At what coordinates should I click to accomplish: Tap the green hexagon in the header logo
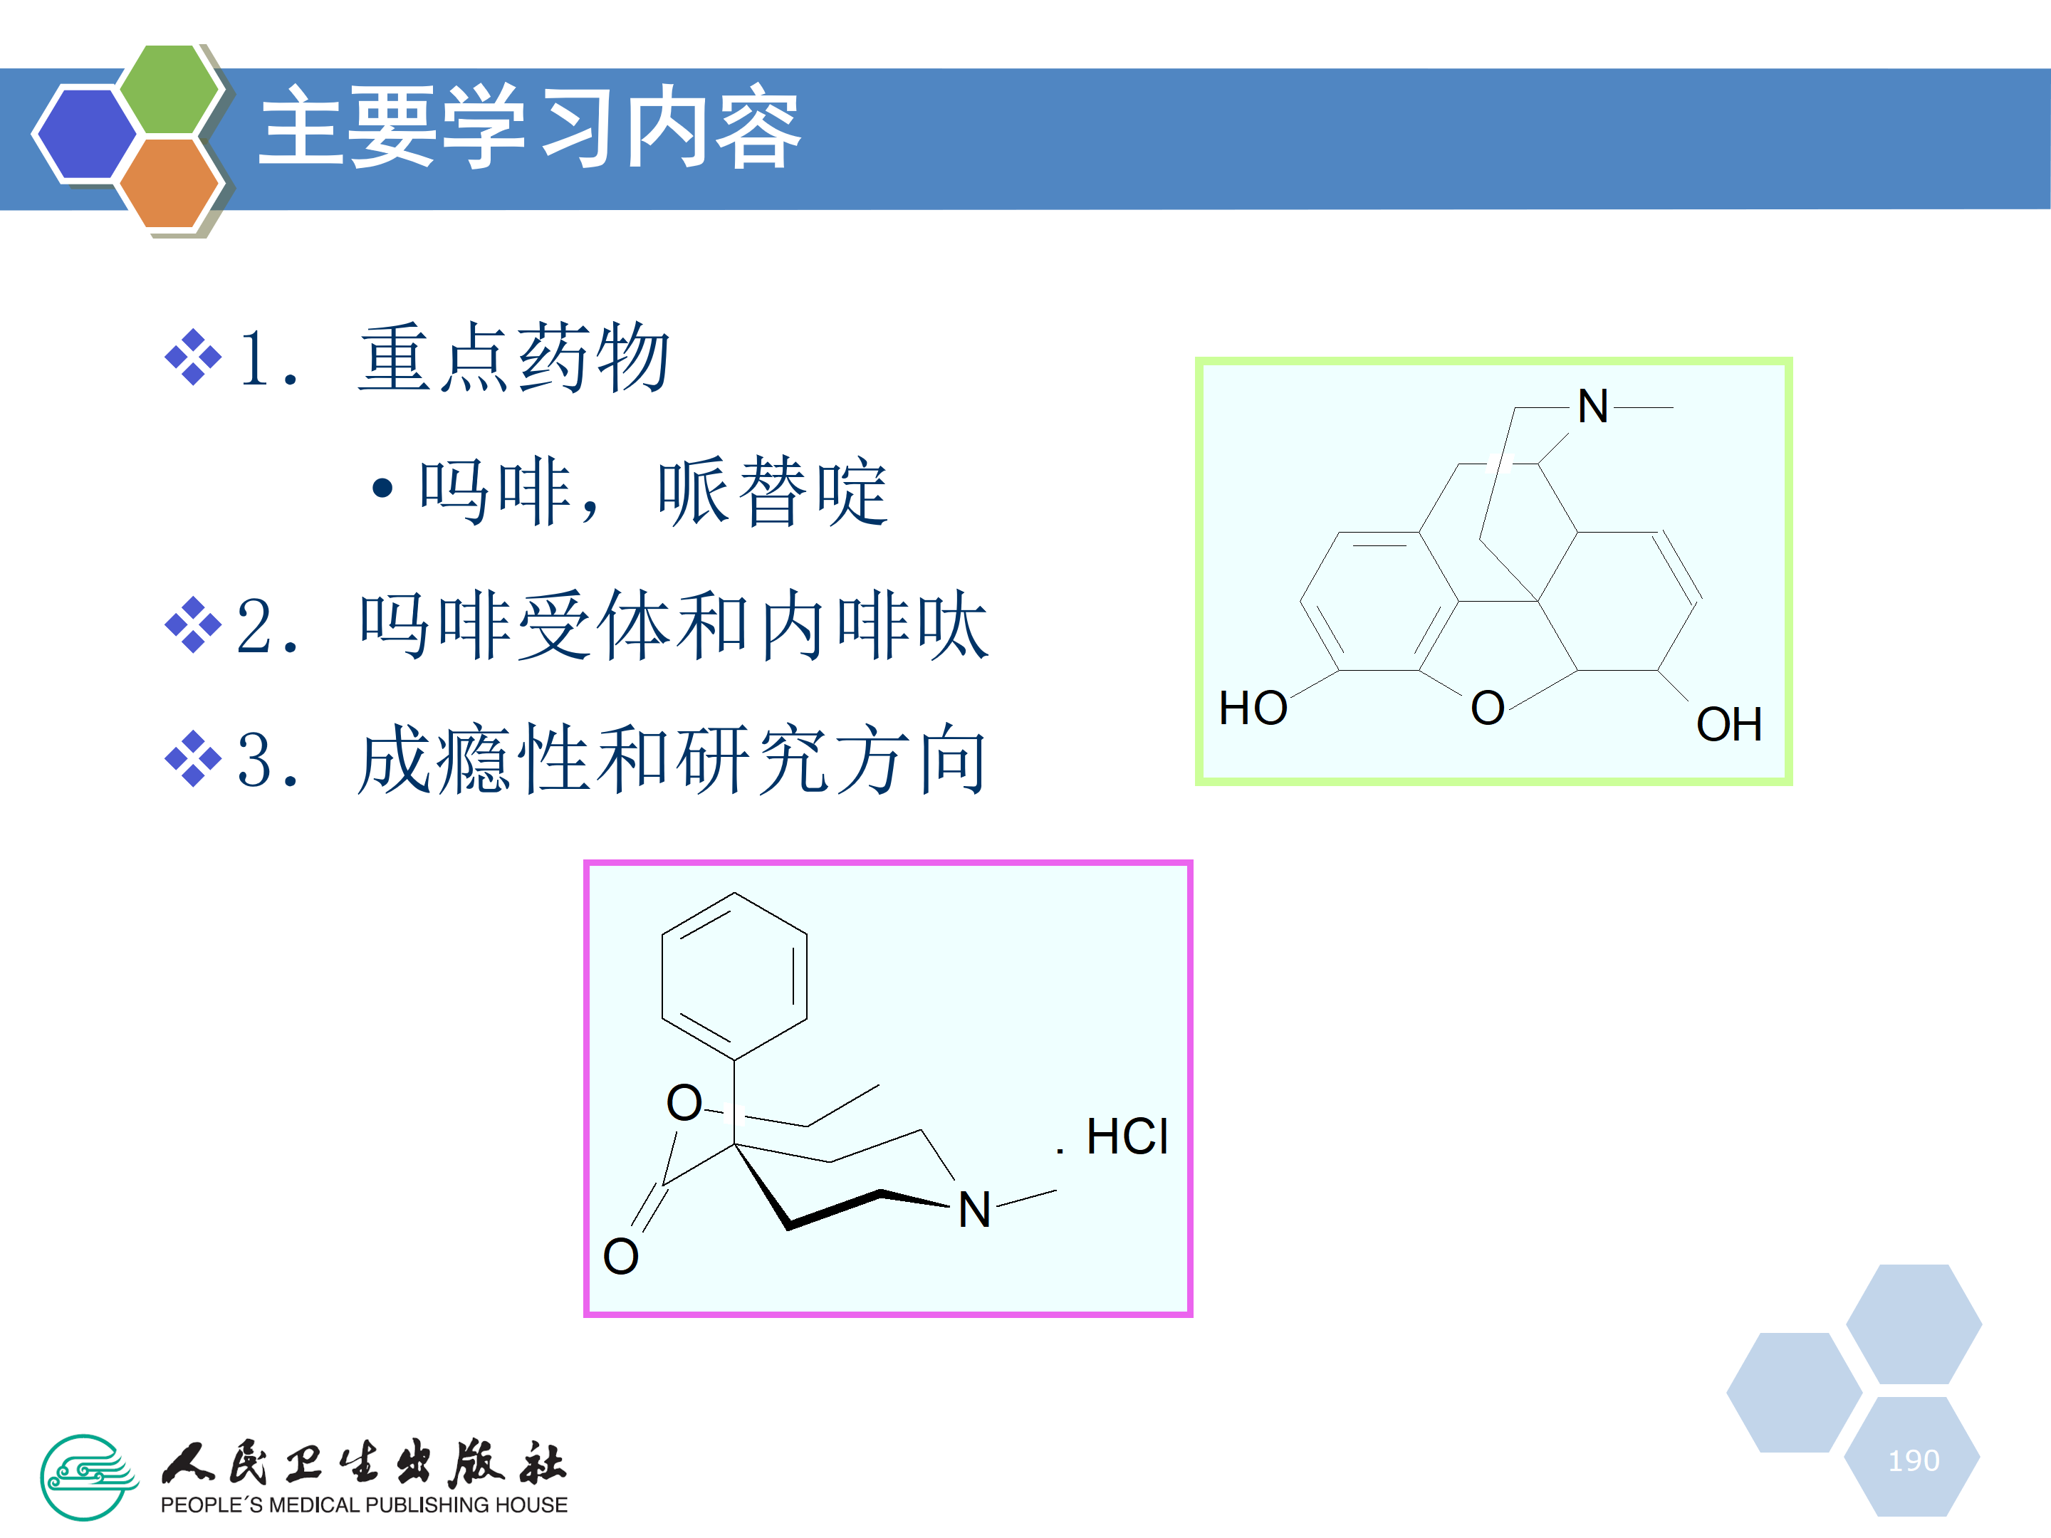point(169,89)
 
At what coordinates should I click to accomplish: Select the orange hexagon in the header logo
point(169,182)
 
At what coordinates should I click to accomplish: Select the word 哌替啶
point(773,491)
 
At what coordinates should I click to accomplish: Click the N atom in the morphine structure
point(1593,407)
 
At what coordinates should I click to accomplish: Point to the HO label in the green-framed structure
point(1253,708)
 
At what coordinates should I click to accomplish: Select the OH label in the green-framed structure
point(1728,724)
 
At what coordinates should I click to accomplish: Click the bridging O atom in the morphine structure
point(1487,708)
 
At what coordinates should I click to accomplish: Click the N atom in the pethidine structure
point(974,1210)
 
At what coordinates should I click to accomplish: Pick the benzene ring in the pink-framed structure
point(734,975)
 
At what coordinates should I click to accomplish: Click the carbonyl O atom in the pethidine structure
point(620,1257)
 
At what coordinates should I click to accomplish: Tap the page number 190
point(1913,1461)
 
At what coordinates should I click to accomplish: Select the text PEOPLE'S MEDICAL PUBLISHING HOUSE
point(363,1505)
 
